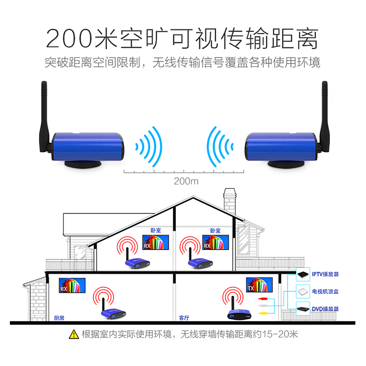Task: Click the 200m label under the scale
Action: click(x=186, y=182)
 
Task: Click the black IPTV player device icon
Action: click(x=304, y=274)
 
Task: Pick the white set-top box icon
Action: click(x=304, y=291)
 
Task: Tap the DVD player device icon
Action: click(x=304, y=308)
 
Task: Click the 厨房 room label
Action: click(x=59, y=318)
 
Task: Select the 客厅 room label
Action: click(x=184, y=318)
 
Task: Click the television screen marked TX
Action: click(x=259, y=285)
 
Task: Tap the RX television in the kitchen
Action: click(x=72, y=285)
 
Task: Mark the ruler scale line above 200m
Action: click(x=183, y=172)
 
